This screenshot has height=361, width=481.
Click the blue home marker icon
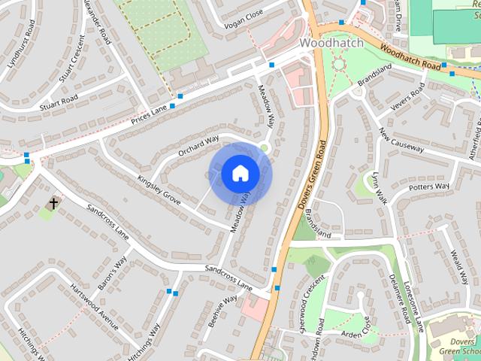click(240, 174)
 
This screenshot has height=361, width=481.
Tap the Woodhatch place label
click(331, 43)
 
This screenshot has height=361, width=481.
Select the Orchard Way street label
click(198, 146)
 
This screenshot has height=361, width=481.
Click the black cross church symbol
click(54, 203)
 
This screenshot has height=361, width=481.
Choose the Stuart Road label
click(59, 103)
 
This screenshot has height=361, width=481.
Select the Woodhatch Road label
click(410, 56)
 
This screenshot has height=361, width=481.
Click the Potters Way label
click(431, 187)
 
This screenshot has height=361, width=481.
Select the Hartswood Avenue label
click(94, 308)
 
